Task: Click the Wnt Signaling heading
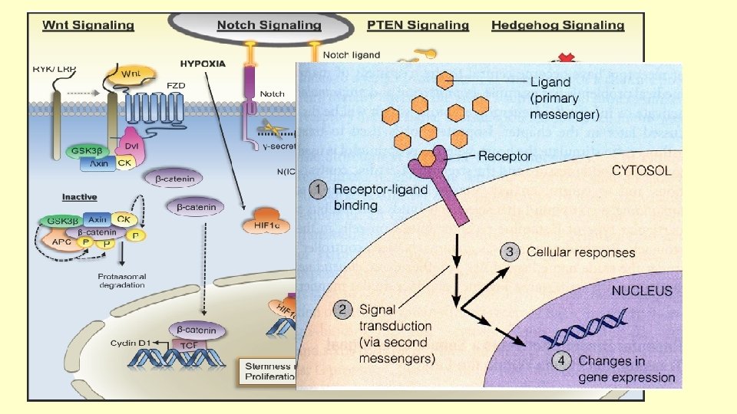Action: click(88, 25)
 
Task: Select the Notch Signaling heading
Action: click(269, 25)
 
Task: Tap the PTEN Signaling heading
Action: click(418, 25)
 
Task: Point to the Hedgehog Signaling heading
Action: click(558, 25)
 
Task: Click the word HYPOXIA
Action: click(203, 64)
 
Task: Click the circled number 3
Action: click(510, 251)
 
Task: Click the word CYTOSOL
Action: click(641, 171)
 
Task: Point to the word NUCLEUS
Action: click(642, 291)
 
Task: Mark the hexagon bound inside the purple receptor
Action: click(428, 158)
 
